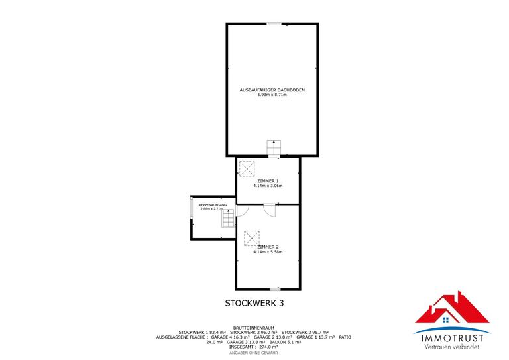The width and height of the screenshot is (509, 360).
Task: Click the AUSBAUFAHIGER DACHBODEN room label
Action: (272, 90)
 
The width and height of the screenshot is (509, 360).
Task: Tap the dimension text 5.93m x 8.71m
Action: (272, 95)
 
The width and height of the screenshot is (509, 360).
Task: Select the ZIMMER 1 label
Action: (268, 180)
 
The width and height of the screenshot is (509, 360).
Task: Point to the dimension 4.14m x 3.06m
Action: (268, 186)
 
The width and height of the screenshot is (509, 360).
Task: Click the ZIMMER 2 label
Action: (268, 247)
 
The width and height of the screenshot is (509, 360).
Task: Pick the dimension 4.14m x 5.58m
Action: (268, 252)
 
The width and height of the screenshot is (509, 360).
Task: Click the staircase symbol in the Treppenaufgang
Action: (228, 218)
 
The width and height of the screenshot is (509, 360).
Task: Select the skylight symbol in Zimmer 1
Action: (247, 168)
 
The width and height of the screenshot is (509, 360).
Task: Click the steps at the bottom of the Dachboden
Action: (274, 148)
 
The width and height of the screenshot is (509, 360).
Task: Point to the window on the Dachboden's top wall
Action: (274, 24)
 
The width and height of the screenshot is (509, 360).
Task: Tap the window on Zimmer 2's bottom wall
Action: (274, 289)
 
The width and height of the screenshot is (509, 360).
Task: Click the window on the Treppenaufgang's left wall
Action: (191, 213)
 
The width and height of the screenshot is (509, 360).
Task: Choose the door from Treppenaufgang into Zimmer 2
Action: (242, 211)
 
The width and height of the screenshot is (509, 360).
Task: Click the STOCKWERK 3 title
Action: (254, 303)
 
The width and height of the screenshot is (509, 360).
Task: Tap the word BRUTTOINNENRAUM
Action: (254, 327)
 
